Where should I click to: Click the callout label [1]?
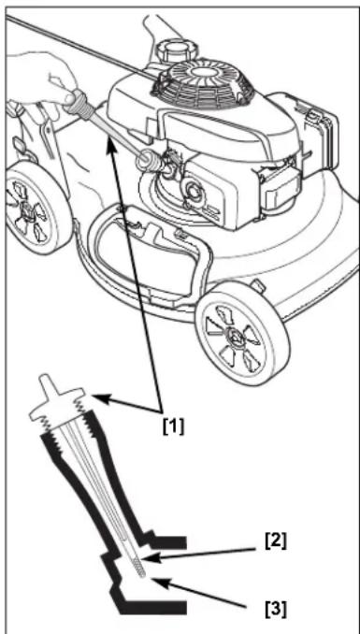pos(173,426)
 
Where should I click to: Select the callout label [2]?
pos(276,541)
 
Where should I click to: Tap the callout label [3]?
pos(276,610)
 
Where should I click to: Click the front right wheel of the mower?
pos(242,334)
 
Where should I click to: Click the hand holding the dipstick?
pos(40,79)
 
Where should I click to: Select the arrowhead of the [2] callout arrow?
pos(149,558)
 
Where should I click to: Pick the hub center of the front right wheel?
pos(235,334)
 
